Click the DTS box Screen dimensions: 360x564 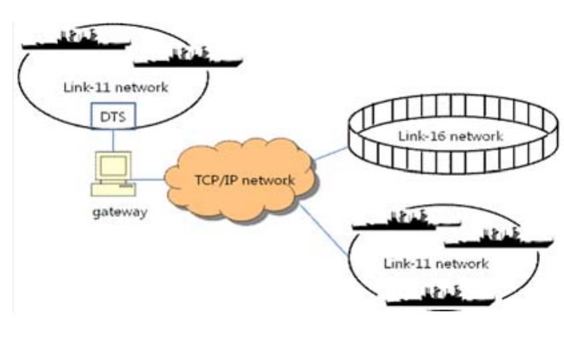coord(114,116)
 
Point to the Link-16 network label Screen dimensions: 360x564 coord(450,136)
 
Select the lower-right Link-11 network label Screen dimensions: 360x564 coord(436,263)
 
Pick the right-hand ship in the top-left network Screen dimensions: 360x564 coord(187,58)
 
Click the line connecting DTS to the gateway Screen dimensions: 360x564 coord(114,139)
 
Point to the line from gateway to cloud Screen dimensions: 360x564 coord(150,179)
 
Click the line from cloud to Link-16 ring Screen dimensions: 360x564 coord(331,155)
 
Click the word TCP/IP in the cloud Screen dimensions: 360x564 coord(212,179)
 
